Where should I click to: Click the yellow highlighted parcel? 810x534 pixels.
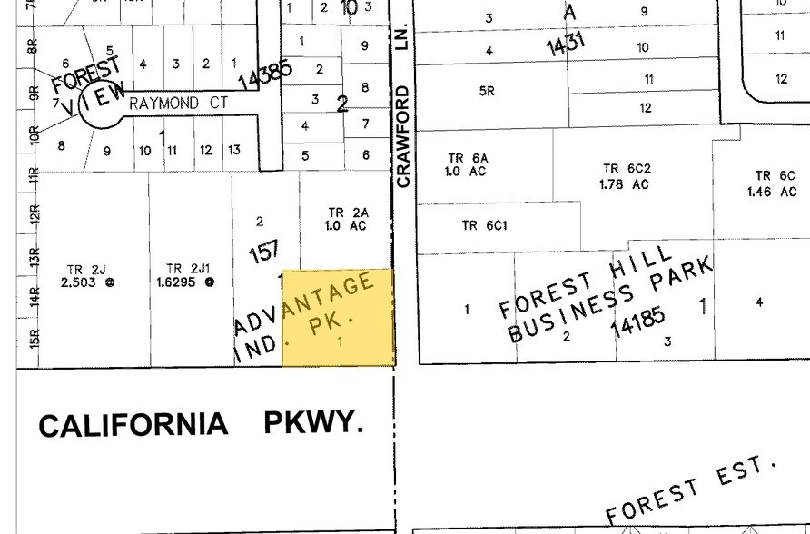(338, 318)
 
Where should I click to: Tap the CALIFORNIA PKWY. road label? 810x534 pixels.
(201, 425)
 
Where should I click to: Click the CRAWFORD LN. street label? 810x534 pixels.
(403, 114)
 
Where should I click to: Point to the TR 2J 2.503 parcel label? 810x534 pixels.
(91, 275)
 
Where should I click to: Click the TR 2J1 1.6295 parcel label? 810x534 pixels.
(190, 275)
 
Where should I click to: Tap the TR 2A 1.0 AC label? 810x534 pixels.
(346, 219)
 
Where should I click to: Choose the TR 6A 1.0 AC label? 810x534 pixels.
(467, 164)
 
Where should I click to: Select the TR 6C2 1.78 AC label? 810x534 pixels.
(627, 176)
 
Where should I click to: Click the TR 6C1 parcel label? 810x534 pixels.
(484, 225)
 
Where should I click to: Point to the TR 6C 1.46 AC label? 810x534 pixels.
(772, 183)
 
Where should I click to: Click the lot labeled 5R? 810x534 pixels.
(486, 91)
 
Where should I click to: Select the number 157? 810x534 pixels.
(263, 251)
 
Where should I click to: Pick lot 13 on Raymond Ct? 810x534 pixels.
(234, 150)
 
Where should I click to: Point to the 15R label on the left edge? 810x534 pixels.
(35, 338)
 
